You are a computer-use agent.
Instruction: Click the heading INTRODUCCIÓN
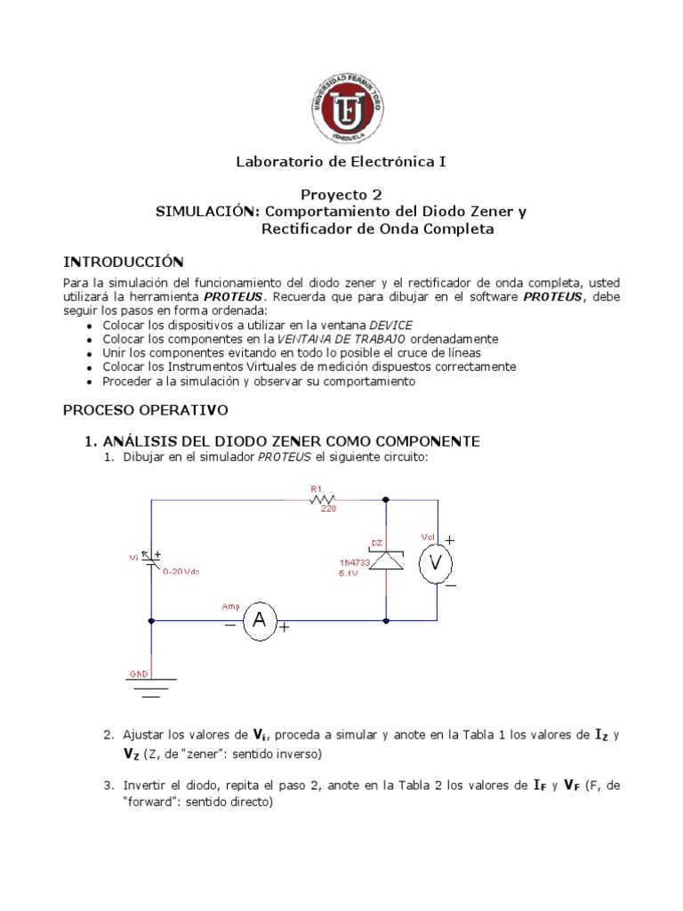pyautogui.click(x=123, y=261)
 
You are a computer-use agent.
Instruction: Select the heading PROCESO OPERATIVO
pyautogui.click(x=145, y=410)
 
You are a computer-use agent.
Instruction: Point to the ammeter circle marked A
pyautogui.click(x=260, y=621)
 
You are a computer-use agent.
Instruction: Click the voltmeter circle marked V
pyautogui.click(x=437, y=563)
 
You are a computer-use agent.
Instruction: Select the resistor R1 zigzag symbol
pyautogui.click(x=321, y=500)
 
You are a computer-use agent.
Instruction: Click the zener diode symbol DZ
pyautogui.click(x=386, y=560)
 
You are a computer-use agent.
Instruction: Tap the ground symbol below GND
pyautogui.click(x=151, y=687)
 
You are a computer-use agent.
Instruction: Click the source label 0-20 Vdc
pyautogui.click(x=181, y=571)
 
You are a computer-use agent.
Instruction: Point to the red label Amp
pyautogui.click(x=230, y=606)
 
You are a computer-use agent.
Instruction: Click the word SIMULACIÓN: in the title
pyautogui.click(x=207, y=212)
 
